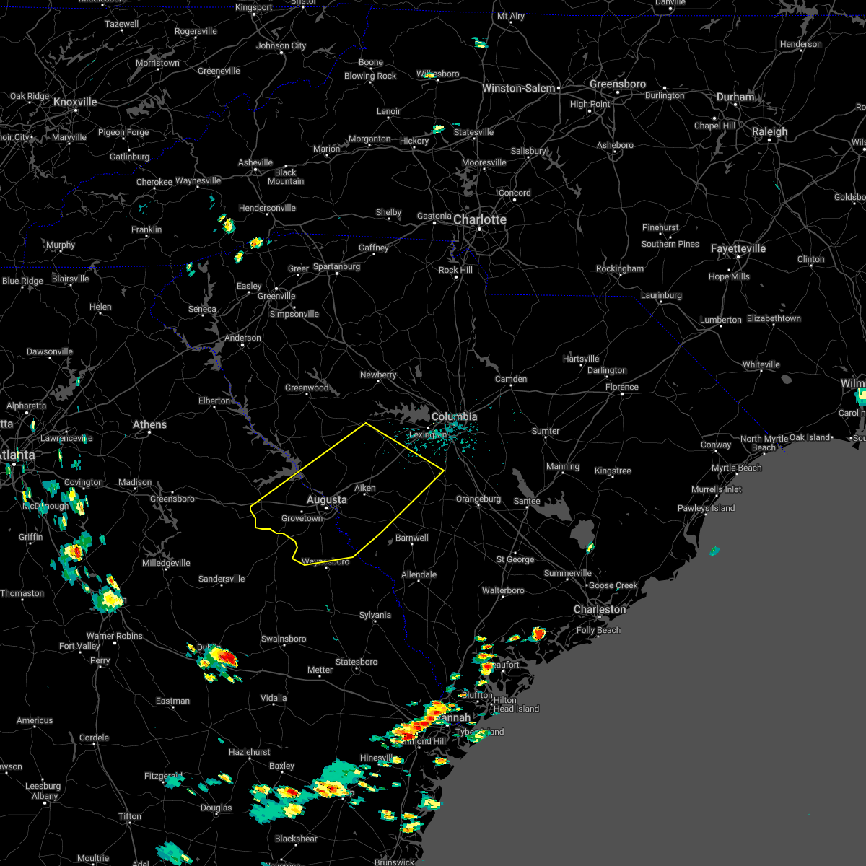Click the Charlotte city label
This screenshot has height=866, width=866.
(x=480, y=219)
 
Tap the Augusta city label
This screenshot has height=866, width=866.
(x=326, y=499)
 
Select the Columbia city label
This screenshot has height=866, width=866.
(x=454, y=416)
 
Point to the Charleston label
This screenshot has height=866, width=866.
(x=600, y=609)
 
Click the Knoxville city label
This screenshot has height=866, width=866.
(x=75, y=102)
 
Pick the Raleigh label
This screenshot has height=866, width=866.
(x=770, y=131)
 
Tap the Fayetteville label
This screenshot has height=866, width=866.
(x=738, y=248)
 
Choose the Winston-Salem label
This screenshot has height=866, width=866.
(x=519, y=88)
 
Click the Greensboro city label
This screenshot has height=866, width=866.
(x=618, y=84)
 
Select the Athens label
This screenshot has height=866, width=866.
(x=149, y=424)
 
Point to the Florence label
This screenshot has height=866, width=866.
(x=622, y=387)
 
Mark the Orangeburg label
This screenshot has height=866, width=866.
(x=478, y=499)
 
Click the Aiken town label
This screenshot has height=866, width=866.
(x=365, y=488)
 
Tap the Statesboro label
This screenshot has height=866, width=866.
(x=357, y=662)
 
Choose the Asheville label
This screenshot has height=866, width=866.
(x=255, y=162)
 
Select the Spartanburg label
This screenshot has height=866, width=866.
(x=336, y=266)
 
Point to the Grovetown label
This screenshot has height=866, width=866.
(x=302, y=518)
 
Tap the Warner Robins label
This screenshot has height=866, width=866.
(x=115, y=636)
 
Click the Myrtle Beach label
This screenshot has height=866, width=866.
(x=737, y=468)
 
